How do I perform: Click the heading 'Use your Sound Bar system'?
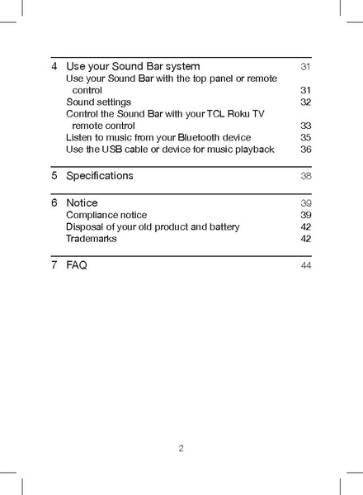pos(133,65)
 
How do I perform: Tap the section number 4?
pos(54,65)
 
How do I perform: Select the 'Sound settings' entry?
pos(98,102)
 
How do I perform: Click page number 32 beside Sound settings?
pos(305,102)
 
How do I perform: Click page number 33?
pos(305,126)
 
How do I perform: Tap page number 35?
pos(305,137)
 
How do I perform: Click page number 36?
pos(305,149)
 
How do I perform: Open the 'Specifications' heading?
pos(99,176)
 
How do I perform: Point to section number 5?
pos(54,176)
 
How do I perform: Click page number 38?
pos(305,176)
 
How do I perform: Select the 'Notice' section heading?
pos(82,202)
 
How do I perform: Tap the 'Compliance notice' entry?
pos(106,215)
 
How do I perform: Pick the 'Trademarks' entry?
pos(91,238)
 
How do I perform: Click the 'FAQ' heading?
pos(77,265)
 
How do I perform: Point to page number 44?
pos(305,265)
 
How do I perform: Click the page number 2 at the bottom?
pos(181,450)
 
